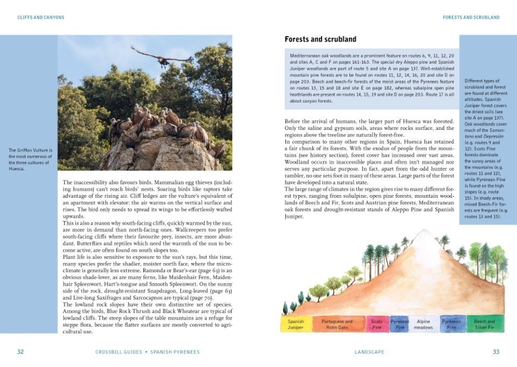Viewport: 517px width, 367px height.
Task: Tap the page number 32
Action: (20, 352)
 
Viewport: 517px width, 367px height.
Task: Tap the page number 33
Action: (496, 352)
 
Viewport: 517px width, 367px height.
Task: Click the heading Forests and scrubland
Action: (320, 39)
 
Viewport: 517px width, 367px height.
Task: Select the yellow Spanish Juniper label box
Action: (296, 324)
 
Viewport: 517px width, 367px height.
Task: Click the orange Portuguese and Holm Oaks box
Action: (337, 324)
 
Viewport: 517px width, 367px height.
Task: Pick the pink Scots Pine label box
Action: (377, 324)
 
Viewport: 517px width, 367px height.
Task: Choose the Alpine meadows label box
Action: (424, 324)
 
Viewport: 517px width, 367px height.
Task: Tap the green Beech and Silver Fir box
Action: (484, 324)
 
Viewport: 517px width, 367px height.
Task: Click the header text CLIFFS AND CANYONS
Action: (41, 18)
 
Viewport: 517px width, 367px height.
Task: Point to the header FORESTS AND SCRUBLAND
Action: (471, 18)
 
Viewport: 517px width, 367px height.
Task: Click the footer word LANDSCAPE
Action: (369, 352)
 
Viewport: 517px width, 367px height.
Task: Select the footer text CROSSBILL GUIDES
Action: (118, 352)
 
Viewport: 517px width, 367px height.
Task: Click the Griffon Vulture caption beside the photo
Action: (30, 159)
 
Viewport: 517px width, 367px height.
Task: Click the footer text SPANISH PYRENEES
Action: (174, 352)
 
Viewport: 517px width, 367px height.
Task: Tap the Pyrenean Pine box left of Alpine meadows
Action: (400, 324)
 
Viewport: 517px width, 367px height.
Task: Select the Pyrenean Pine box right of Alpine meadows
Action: (451, 324)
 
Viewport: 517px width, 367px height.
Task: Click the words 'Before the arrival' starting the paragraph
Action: (306, 121)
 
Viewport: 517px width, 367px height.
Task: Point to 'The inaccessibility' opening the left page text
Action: (86, 183)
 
